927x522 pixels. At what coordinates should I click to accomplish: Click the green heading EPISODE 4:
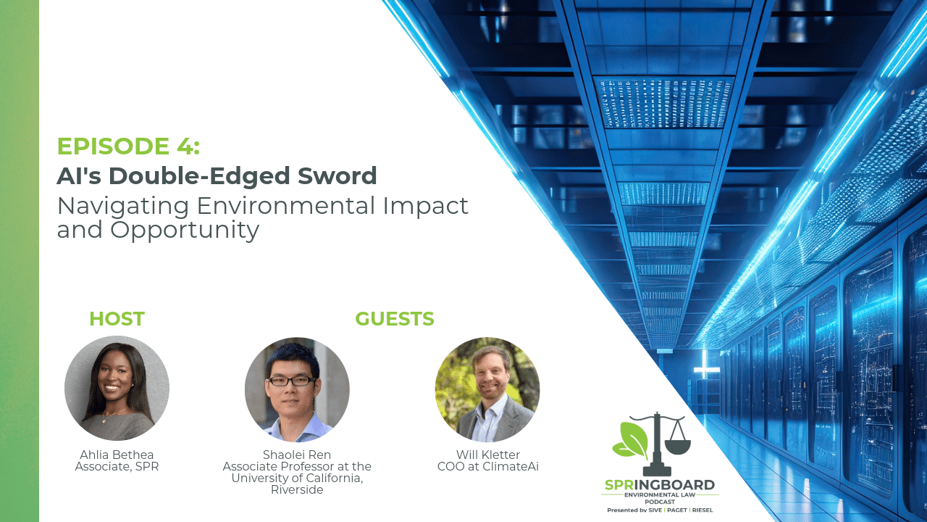pos(128,146)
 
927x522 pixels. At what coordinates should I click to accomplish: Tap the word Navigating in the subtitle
pos(123,207)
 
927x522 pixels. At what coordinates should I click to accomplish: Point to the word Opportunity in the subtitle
pos(185,231)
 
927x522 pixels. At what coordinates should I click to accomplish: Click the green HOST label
pos(117,319)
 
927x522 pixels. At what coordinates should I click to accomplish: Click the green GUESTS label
pos(395,319)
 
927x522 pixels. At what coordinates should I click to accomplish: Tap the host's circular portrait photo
pos(117,388)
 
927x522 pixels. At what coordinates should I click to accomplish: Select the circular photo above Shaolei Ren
pos(297,389)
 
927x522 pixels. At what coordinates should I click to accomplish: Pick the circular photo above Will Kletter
pos(487,389)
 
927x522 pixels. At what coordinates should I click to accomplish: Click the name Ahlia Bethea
pos(117,455)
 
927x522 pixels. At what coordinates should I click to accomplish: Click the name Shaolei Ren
pos(297,455)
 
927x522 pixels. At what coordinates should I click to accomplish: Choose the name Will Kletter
pos(488,455)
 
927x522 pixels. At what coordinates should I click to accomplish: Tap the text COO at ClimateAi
pos(488,466)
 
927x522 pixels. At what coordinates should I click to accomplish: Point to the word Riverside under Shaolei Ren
pos(297,489)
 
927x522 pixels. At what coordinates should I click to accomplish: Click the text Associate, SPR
pos(117,467)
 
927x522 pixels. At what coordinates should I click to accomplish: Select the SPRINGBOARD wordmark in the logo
pos(660,485)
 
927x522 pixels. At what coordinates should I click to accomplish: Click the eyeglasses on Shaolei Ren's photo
pos(292,381)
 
